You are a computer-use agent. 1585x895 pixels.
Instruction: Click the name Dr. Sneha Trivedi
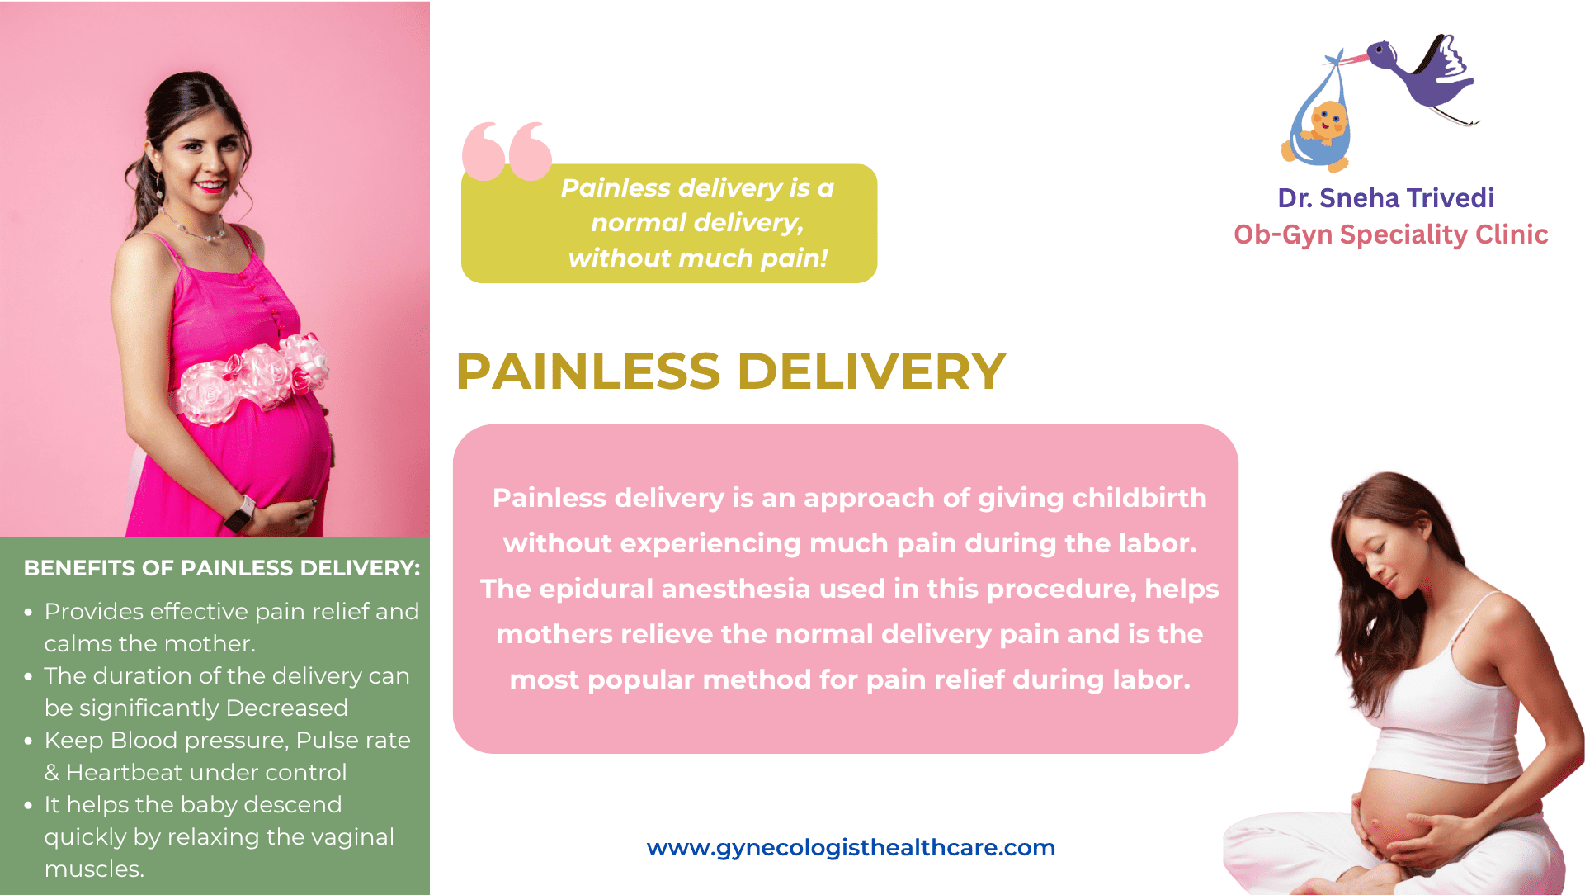pos(1385,198)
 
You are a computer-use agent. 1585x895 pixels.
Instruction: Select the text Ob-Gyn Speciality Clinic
pos(1390,234)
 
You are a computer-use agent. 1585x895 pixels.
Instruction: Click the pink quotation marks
pos(507,151)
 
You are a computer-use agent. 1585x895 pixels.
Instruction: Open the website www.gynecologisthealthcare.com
pos(851,848)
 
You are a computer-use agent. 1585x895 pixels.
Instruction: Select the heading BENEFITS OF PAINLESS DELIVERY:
pos(222,568)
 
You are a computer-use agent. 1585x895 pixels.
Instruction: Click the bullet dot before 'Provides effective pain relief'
pos(29,613)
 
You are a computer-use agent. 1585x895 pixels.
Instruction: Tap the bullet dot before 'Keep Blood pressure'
pos(29,741)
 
